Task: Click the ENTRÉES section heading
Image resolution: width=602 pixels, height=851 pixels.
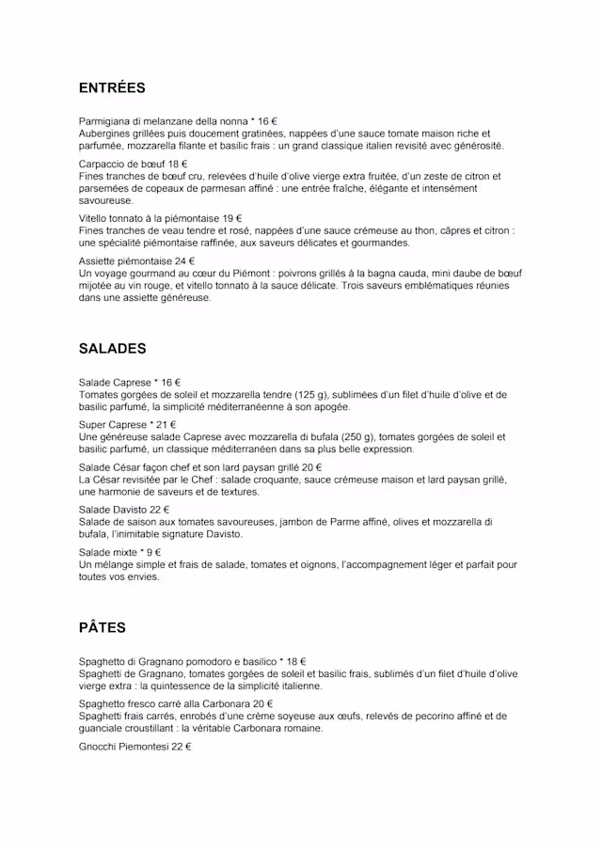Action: pos(112,88)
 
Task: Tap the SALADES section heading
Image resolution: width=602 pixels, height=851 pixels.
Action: pos(112,348)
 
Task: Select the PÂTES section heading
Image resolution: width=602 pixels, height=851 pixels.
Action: pos(102,627)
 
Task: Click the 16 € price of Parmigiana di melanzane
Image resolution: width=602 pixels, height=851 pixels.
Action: pos(267,121)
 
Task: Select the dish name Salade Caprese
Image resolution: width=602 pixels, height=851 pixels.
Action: pos(115,383)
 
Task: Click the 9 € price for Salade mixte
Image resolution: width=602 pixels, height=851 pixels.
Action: pos(150,552)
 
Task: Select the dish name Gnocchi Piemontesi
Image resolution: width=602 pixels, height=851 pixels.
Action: pos(123,746)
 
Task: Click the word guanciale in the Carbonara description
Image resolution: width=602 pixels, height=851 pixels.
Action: pos(107,728)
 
